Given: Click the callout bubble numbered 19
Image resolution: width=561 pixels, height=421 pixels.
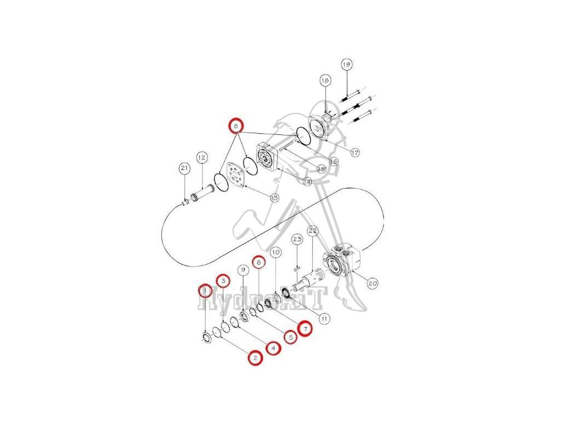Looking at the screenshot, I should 346,64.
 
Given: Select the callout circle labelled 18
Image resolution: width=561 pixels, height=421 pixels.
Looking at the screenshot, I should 325,81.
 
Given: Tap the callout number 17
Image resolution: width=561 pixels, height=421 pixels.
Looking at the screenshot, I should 355,153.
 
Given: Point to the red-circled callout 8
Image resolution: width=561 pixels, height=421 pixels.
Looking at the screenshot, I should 236,126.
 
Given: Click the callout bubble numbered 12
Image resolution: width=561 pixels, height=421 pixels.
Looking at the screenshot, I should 202,158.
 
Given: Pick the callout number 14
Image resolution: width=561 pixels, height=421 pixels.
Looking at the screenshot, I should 306,181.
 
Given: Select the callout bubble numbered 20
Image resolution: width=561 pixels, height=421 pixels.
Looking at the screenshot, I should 372,283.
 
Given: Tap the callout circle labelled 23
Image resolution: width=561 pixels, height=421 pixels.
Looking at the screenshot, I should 297,240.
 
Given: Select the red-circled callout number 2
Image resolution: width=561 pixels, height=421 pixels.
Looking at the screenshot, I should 254,358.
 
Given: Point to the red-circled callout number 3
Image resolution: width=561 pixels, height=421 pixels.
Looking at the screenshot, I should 222,280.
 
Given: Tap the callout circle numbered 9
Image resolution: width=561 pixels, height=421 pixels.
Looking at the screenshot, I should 243,269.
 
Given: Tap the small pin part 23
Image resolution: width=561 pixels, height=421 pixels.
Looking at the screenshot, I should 296,269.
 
